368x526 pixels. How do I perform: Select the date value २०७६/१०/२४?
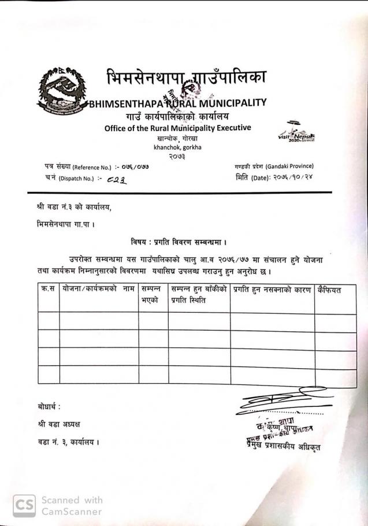pyautogui.click(x=296, y=178)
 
